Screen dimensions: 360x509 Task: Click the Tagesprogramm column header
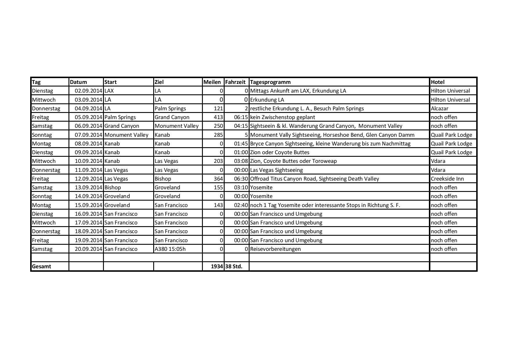coord(270,82)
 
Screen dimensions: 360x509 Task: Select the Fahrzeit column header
coord(235,82)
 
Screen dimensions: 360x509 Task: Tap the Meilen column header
coord(212,82)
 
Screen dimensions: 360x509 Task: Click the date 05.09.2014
coord(88,117)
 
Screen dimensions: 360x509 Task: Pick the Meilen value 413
coord(218,117)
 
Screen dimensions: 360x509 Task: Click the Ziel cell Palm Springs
coord(170,109)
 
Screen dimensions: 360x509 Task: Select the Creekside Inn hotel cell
coord(447,179)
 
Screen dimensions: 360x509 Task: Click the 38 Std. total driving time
coord(233,267)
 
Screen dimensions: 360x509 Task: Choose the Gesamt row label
coord(41,267)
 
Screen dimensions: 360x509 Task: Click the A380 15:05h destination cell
coord(170,249)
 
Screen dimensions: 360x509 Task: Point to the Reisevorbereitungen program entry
coord(275,249)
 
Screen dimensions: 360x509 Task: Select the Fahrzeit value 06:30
coord(241,179)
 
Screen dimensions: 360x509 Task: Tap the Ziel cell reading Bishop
coord(163,179)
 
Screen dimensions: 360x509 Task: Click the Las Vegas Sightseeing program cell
coord(276,170)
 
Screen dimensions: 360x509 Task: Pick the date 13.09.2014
coord(88,188)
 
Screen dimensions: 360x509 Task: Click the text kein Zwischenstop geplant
coord(282,117)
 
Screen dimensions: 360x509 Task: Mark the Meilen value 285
coord(218,135)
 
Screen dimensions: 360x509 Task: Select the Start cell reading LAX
coord(109,91)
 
